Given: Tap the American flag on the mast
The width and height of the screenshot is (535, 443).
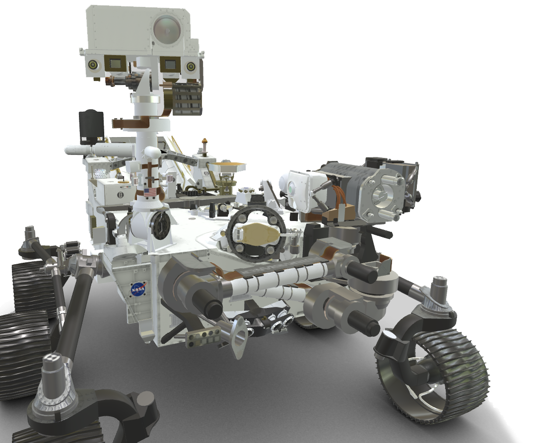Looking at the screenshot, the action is (x=149, y=192).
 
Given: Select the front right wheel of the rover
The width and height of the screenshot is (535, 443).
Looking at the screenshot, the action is (x=433, y=369).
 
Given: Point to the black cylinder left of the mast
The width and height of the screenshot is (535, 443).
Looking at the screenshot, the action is (x=91, y=126).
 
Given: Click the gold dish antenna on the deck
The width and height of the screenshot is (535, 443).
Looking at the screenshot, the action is (x=227, y=167).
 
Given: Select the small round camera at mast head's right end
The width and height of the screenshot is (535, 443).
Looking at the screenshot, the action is (x=190, y=66).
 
